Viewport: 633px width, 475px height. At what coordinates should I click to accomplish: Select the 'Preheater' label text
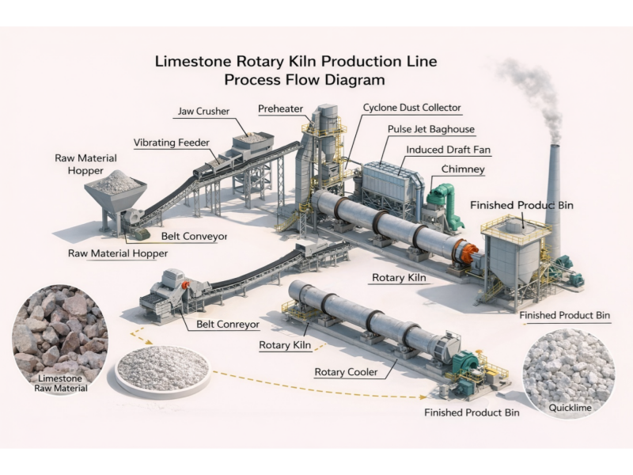279,108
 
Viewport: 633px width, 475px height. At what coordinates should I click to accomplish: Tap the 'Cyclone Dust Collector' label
411,108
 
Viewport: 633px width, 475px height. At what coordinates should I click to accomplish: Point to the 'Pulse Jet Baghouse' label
431,128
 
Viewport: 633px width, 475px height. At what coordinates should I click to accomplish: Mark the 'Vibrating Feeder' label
172,142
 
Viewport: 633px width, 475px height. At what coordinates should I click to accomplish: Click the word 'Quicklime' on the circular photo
569,408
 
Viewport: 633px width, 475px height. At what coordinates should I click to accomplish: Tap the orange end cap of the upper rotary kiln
470,254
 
